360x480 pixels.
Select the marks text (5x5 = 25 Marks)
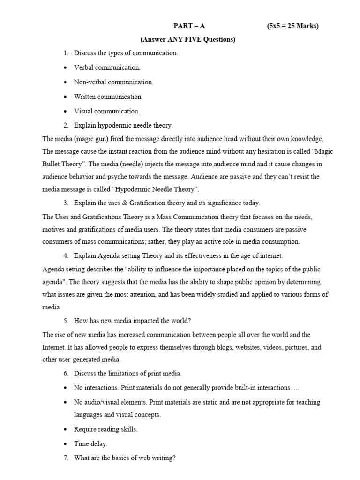[x=292, y=26]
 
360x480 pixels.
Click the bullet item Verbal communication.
[x=107, y=67]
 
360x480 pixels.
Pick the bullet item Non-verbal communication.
[x=113, y=82]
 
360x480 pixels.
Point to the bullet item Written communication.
[x=108, y=97]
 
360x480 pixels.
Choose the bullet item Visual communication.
[x=107, y=111]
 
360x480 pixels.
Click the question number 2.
[x=66, y=125]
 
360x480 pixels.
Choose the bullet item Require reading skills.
[x=105, y=429]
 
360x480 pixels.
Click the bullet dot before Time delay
[x=65, y=443]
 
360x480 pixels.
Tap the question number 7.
[x=66, y=457]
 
